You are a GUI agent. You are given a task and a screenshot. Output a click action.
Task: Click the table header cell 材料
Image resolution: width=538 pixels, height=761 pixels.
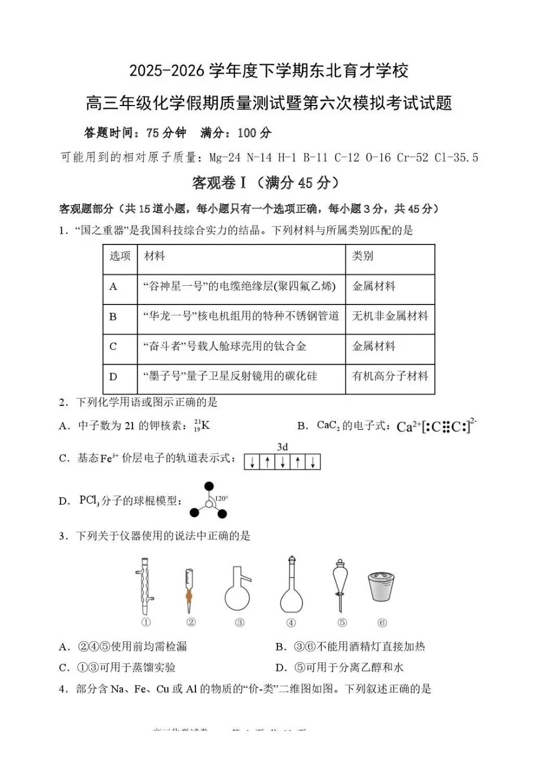point(154,256)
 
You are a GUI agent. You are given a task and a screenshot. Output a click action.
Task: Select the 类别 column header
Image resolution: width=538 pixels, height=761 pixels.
point(362,256)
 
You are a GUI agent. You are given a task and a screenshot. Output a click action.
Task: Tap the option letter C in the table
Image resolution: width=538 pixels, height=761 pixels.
point(113,346)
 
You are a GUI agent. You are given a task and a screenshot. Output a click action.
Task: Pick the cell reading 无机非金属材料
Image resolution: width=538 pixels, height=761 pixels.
point(390,316)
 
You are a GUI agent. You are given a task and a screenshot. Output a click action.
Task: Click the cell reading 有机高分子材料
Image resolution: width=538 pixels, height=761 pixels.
point(390,377)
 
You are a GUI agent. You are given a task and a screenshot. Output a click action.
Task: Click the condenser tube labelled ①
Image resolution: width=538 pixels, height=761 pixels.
point(146,586)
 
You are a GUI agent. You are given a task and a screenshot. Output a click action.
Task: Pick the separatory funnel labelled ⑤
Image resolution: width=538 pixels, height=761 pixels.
point(341,586)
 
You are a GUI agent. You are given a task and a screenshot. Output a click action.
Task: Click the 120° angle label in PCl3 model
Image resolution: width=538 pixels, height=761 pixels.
point(221,498)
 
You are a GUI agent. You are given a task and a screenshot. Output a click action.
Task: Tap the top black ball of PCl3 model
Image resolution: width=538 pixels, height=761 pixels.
point(209,487)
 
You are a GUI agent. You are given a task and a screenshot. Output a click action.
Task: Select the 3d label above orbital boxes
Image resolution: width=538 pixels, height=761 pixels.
point(282,447)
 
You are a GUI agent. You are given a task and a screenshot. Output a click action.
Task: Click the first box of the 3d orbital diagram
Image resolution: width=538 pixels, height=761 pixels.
point(251,462)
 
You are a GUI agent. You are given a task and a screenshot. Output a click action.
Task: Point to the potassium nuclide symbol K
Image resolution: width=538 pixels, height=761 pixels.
point(205,425)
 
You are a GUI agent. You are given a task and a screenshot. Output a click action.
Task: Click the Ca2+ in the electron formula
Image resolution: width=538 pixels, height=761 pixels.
point(408,427)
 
